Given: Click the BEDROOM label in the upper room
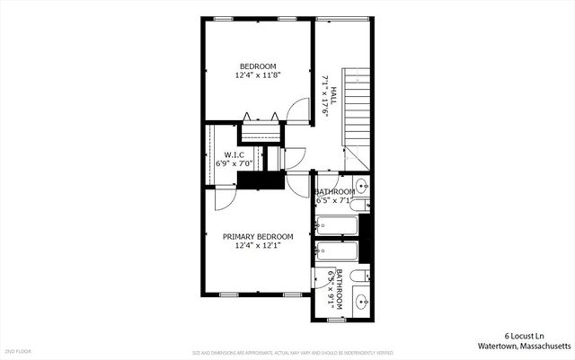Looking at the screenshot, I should coord(257,65).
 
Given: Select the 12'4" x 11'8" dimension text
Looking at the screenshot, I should coord(257,75).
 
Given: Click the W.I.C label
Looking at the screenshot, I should coord(234,155).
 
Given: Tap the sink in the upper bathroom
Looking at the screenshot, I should coord(361,187).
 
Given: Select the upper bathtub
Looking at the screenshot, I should coord(336,225).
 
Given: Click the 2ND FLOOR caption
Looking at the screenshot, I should coord(17,350).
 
